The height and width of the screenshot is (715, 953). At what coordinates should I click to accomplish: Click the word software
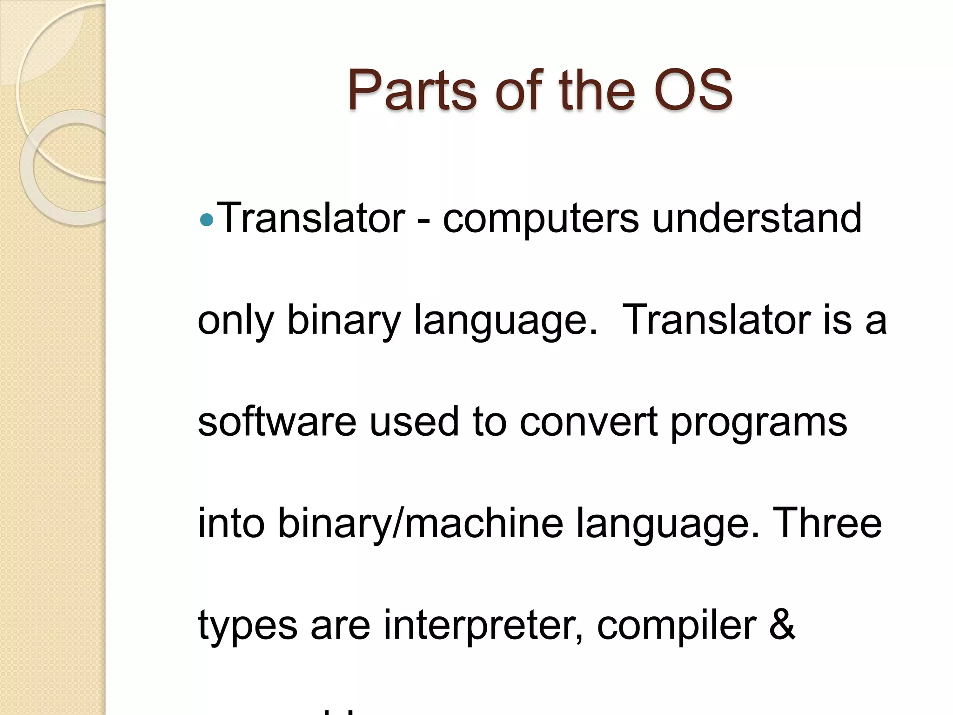click(277, 421)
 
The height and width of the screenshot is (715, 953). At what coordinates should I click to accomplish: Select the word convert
click(589, 422)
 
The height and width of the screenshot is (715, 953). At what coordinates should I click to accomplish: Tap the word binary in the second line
click(343, 321)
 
